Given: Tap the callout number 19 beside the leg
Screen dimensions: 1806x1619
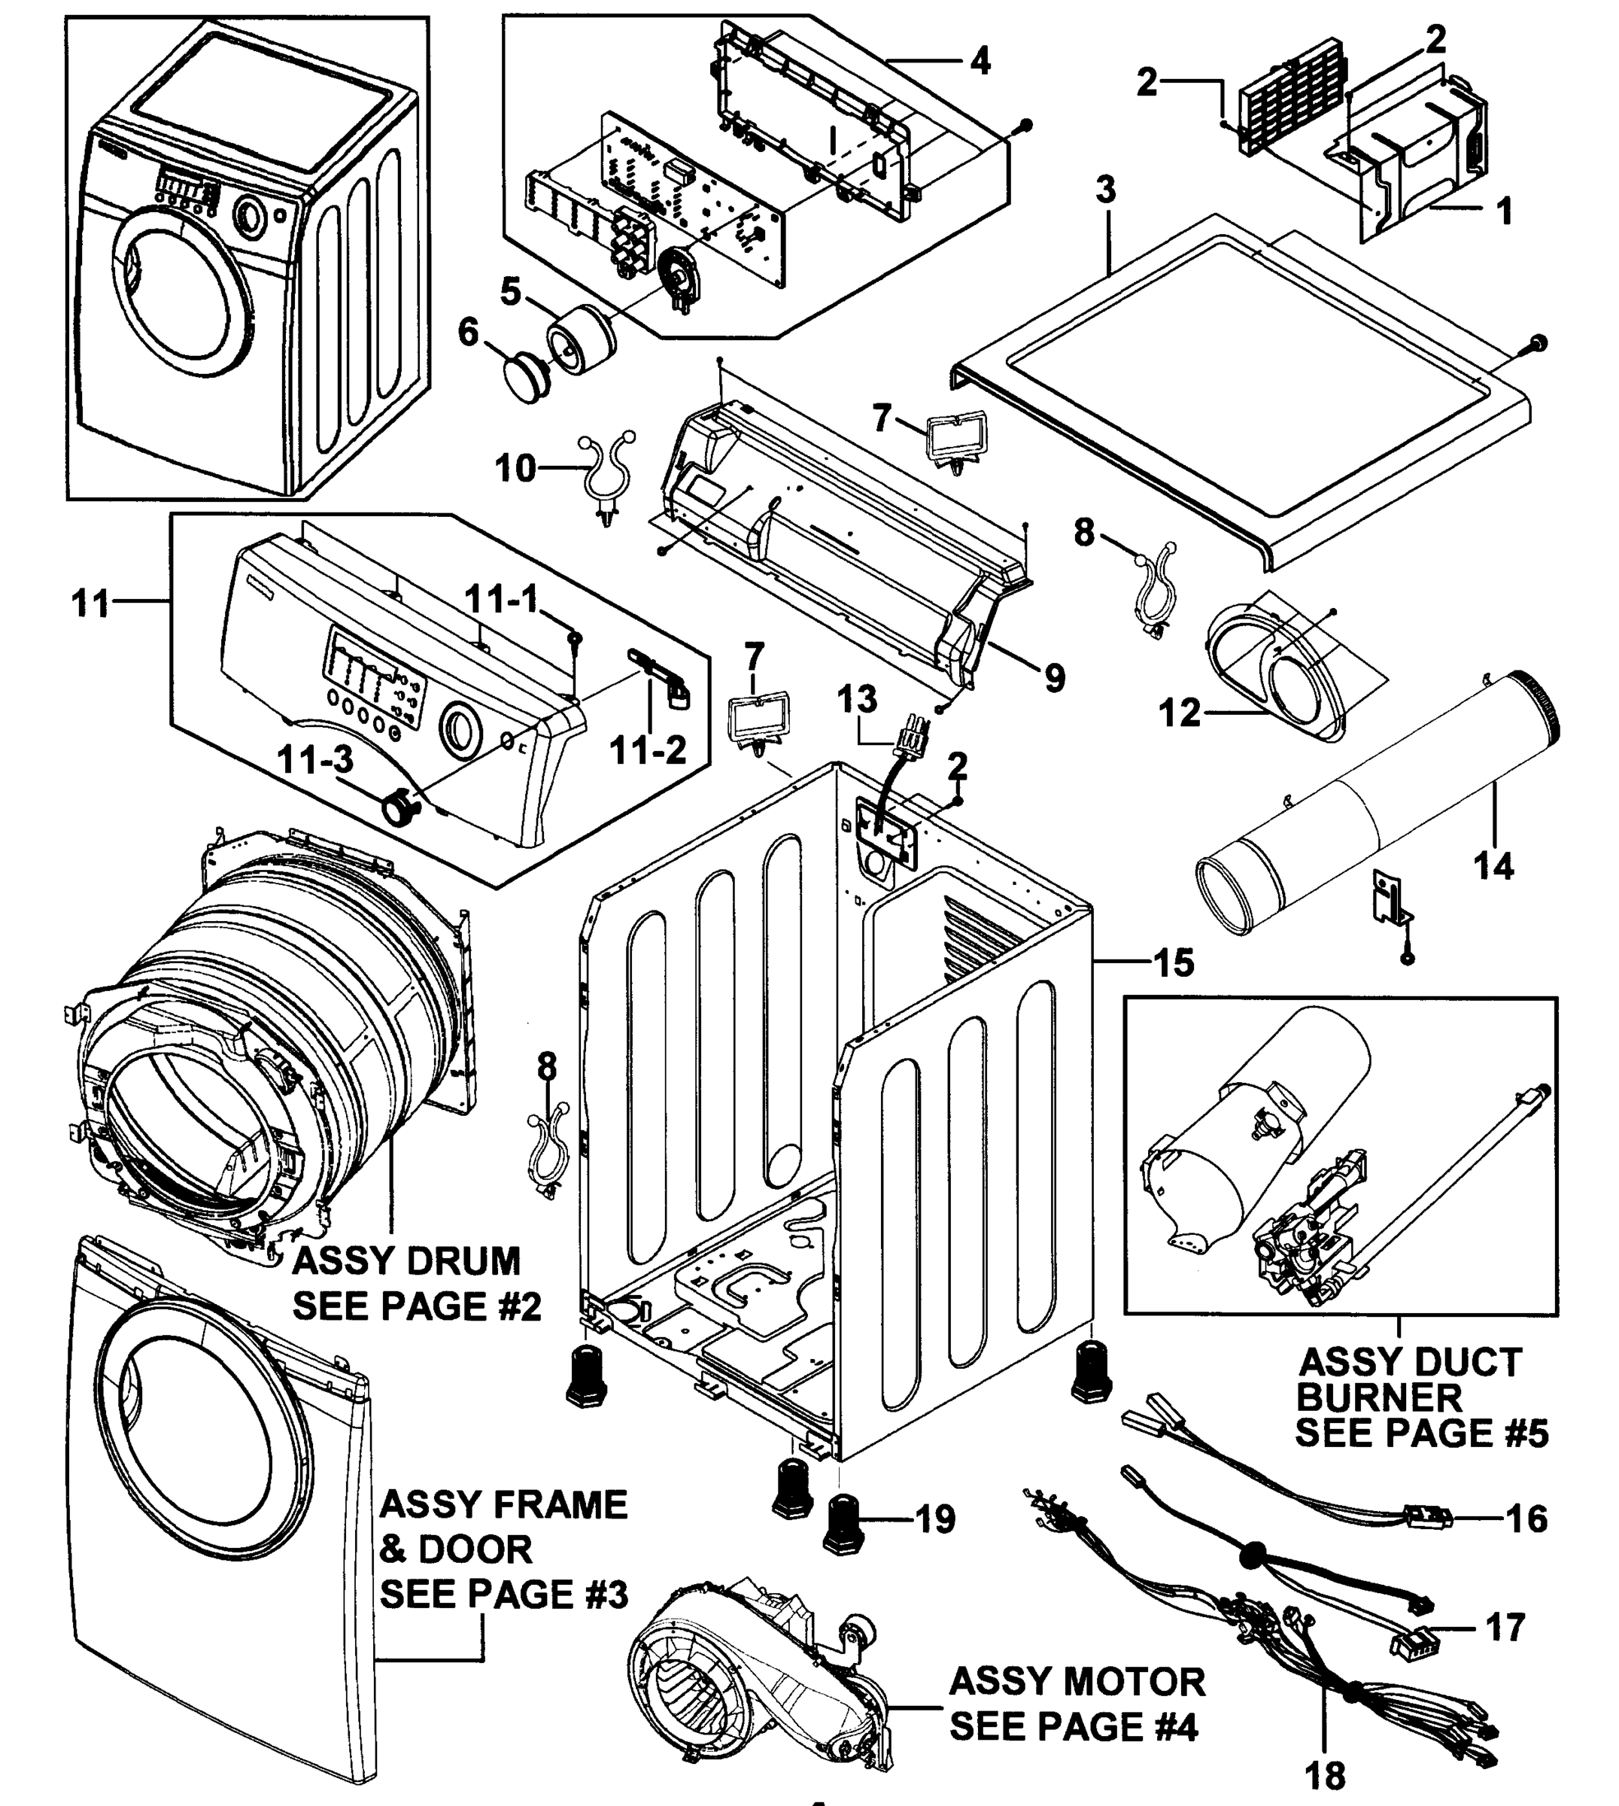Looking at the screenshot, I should click(x=935, y=1519).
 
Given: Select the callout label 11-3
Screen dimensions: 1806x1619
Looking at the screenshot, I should click(x=315, y=760).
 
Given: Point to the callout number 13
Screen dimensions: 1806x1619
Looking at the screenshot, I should click(x=857, y=699).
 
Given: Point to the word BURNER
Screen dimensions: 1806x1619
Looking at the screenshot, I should click(x=1379, y=1397).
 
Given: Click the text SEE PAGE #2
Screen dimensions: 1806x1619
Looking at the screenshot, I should click(x=416, y=1306).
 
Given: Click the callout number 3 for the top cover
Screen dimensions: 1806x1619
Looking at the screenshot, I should click(x=1105, y=189).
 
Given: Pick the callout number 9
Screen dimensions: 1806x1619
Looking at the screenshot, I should click(x=1054, y=679).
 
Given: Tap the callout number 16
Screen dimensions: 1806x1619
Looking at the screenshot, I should click(x=1526, y=1518).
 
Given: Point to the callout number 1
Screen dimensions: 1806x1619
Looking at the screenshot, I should click(x=1504, y=211).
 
